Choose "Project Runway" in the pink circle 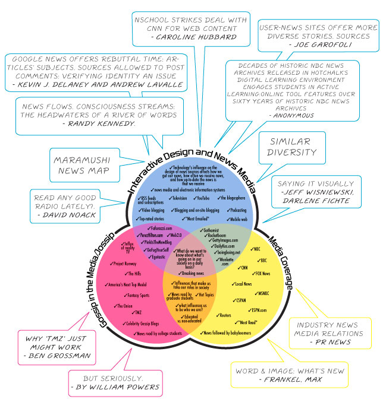(124, 263)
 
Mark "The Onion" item (125, 305)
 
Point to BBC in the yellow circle (262, 259)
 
